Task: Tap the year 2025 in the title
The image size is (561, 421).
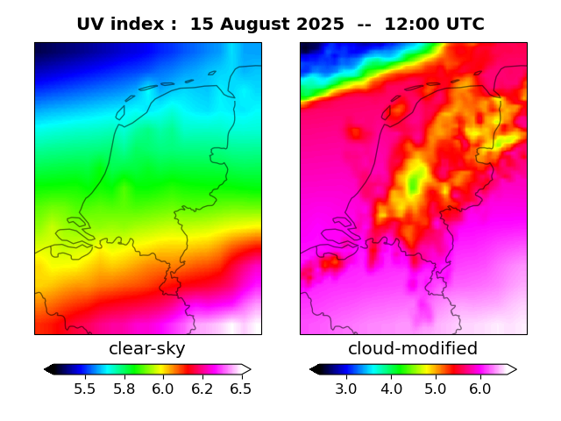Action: [320, 25]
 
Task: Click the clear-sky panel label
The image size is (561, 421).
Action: [147, 349]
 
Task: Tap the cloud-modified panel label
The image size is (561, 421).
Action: [413, 349]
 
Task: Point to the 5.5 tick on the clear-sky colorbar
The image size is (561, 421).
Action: [85, 389]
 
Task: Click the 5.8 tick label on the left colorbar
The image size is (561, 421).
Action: [124, 389]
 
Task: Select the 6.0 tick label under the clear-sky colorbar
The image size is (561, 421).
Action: [163, 389]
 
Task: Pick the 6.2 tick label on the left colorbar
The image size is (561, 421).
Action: [202, 389]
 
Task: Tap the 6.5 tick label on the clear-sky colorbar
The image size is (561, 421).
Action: [240, 389]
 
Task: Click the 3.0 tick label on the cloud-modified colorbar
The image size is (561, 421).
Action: [346, 389]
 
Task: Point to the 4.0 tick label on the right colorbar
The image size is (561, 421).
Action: [391, 389]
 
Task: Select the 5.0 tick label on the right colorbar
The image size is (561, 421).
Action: [436, 389]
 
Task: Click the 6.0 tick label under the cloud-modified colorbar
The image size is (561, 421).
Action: [479, 389]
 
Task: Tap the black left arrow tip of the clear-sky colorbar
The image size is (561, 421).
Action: [48, 369]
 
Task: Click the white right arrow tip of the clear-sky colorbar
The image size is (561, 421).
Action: [247, 369]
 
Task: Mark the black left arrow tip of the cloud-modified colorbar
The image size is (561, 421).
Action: [314, 369]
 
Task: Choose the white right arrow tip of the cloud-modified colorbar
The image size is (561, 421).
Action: [513, 369]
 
